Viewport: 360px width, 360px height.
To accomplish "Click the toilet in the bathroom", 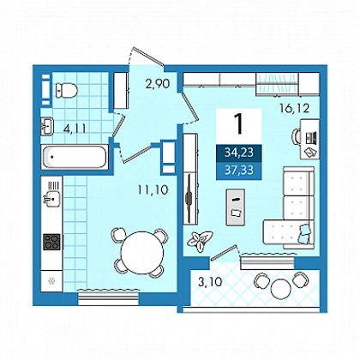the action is [67, 91].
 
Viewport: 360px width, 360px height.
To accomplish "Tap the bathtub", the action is [75, 157].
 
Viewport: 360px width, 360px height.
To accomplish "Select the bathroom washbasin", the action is [47, 126].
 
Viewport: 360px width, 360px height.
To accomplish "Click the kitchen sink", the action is [53, 198].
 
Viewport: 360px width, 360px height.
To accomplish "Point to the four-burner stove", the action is [51, 242].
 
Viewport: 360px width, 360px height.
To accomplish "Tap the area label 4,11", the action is [75, 129].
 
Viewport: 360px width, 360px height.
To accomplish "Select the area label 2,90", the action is [158, 84].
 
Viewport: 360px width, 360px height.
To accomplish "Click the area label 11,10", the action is [153, 189].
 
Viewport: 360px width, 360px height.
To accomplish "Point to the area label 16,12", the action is [295, 108].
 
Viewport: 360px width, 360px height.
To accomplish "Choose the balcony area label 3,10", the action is [210, 282].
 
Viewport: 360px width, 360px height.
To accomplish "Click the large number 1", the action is [238, 123].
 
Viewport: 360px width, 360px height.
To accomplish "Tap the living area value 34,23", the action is [239, 153].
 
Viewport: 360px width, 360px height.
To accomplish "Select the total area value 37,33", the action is [239, 171].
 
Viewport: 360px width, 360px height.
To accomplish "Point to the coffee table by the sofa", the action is [235, 207].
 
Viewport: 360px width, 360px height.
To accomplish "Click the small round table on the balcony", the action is [281, 289].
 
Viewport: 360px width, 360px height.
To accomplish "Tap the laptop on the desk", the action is [311, 138].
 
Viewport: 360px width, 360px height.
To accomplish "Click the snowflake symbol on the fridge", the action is [51, 281].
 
